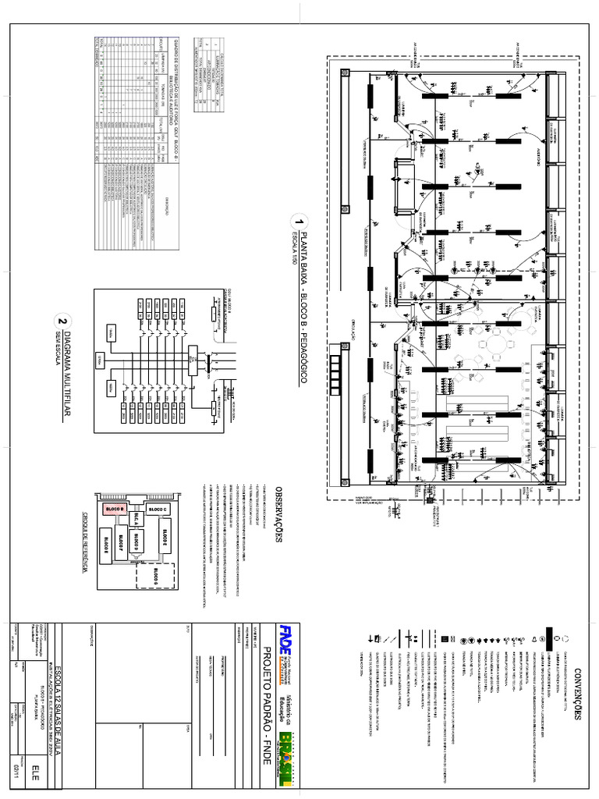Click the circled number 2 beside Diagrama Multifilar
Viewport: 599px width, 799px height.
[x=62, y=321]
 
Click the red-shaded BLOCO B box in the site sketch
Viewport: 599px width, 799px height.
[x=115, y=508]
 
